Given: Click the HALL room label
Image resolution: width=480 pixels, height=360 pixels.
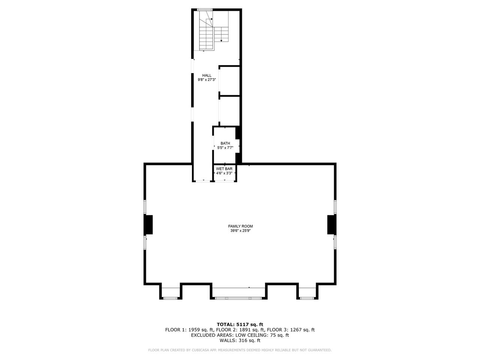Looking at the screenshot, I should (207, 75).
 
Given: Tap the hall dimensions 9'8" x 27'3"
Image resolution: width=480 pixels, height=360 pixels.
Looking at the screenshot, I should (207, 79).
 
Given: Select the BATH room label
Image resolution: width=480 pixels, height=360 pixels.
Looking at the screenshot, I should (225, 143).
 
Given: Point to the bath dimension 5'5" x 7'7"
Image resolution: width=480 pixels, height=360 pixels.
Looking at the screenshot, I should (225, 148).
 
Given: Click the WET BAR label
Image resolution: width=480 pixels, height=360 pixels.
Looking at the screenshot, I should (224, 169).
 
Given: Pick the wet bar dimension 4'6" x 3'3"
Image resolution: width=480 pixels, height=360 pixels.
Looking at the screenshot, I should (224, 173).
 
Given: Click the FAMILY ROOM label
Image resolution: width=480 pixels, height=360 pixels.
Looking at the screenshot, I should (240, 226).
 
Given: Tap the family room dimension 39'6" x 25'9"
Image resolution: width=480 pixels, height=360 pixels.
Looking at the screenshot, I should (240, 231).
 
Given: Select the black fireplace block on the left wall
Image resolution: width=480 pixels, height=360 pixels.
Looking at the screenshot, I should (148, 225).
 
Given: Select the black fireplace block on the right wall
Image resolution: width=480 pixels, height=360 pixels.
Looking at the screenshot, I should (331, 225).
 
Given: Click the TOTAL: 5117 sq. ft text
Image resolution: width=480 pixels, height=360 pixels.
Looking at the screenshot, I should (240, 324).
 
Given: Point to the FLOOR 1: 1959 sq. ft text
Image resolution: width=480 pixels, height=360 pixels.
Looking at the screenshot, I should (186, 330).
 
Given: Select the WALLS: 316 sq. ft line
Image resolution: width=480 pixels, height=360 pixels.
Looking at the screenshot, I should (240, 340).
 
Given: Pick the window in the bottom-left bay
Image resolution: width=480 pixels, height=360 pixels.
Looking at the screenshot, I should (170, 298).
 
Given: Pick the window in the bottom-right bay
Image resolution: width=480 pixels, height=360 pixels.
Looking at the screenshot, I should (306, 298).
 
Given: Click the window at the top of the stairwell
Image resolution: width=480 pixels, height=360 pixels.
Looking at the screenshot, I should (205, 10).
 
